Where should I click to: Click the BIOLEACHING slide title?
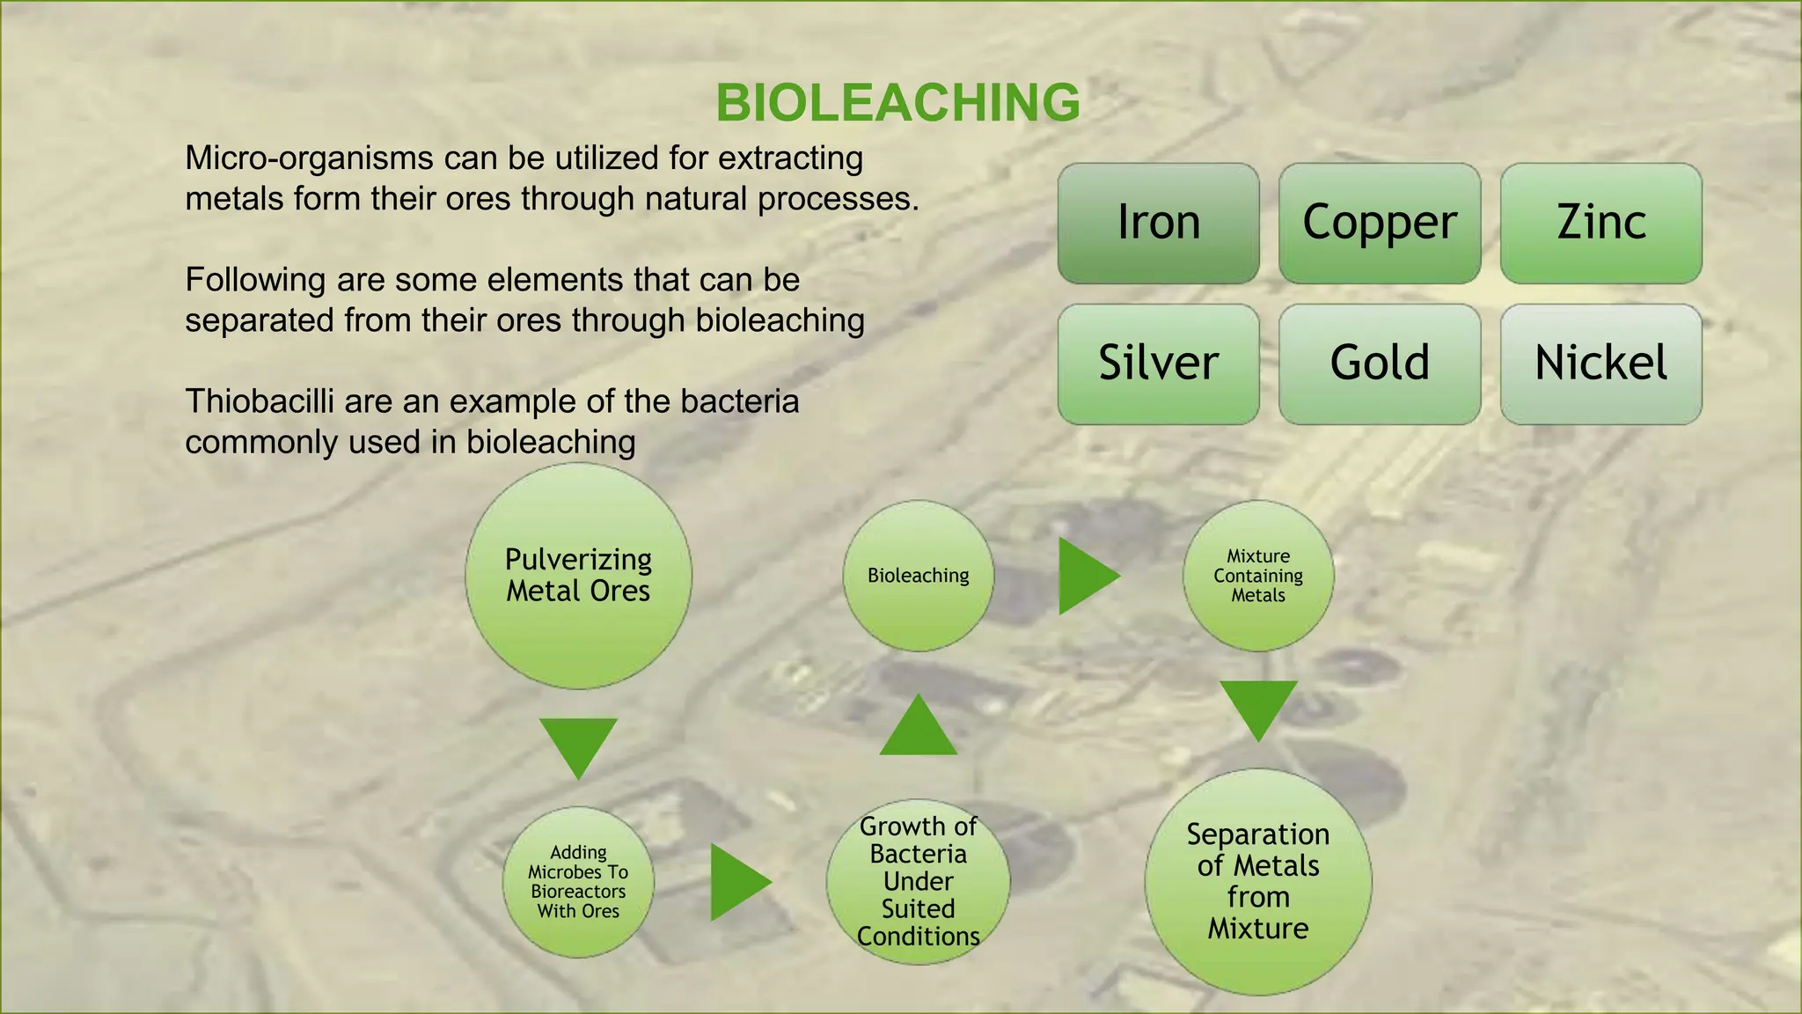tap(897, 103)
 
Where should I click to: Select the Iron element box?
tap(1158, 223)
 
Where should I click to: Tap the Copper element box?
tap(1379, 223)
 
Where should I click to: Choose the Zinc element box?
tap(1601, 223)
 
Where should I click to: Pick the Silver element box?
tap(1158, 364)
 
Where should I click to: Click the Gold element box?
tap(1379, 364)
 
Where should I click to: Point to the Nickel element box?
tap(1601, 364)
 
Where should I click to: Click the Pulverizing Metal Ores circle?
tap(578, 576)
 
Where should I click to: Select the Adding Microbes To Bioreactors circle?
tap(578, 881)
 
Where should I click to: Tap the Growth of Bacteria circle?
tap(918, 881)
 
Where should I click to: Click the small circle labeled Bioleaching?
tap(918, 576)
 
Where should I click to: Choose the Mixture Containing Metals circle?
tap(1257, 576)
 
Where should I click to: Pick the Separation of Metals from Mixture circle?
tap(1257, 881)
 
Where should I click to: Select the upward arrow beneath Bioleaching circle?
tap(918, 731)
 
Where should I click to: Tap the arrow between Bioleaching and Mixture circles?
tap(1083, 576)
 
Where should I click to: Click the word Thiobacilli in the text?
tap(259, 402)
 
